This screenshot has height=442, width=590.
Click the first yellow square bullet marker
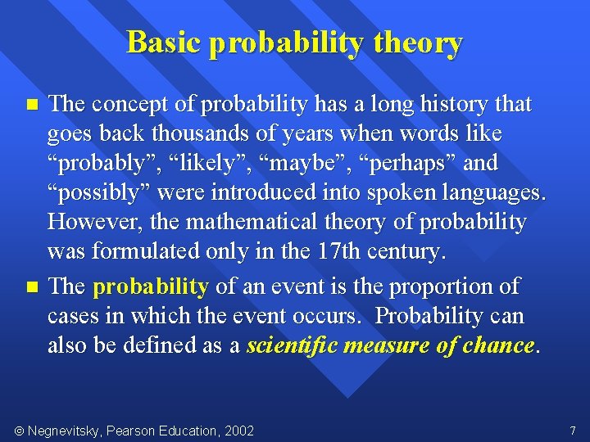32,104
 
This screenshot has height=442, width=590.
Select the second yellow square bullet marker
32,287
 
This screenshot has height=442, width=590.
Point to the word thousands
200,133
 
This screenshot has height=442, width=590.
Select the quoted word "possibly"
98,193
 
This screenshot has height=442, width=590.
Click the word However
95,222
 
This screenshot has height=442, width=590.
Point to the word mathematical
252,221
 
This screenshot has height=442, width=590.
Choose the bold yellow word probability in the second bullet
151,287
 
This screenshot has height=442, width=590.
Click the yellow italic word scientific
292,345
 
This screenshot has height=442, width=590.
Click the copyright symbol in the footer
19,431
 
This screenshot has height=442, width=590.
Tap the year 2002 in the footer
239,431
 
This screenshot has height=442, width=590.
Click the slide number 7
573,431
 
